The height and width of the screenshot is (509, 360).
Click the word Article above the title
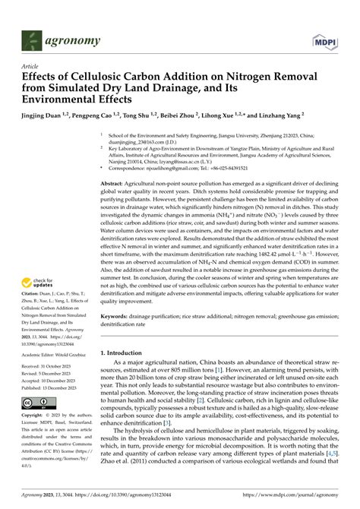30,66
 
